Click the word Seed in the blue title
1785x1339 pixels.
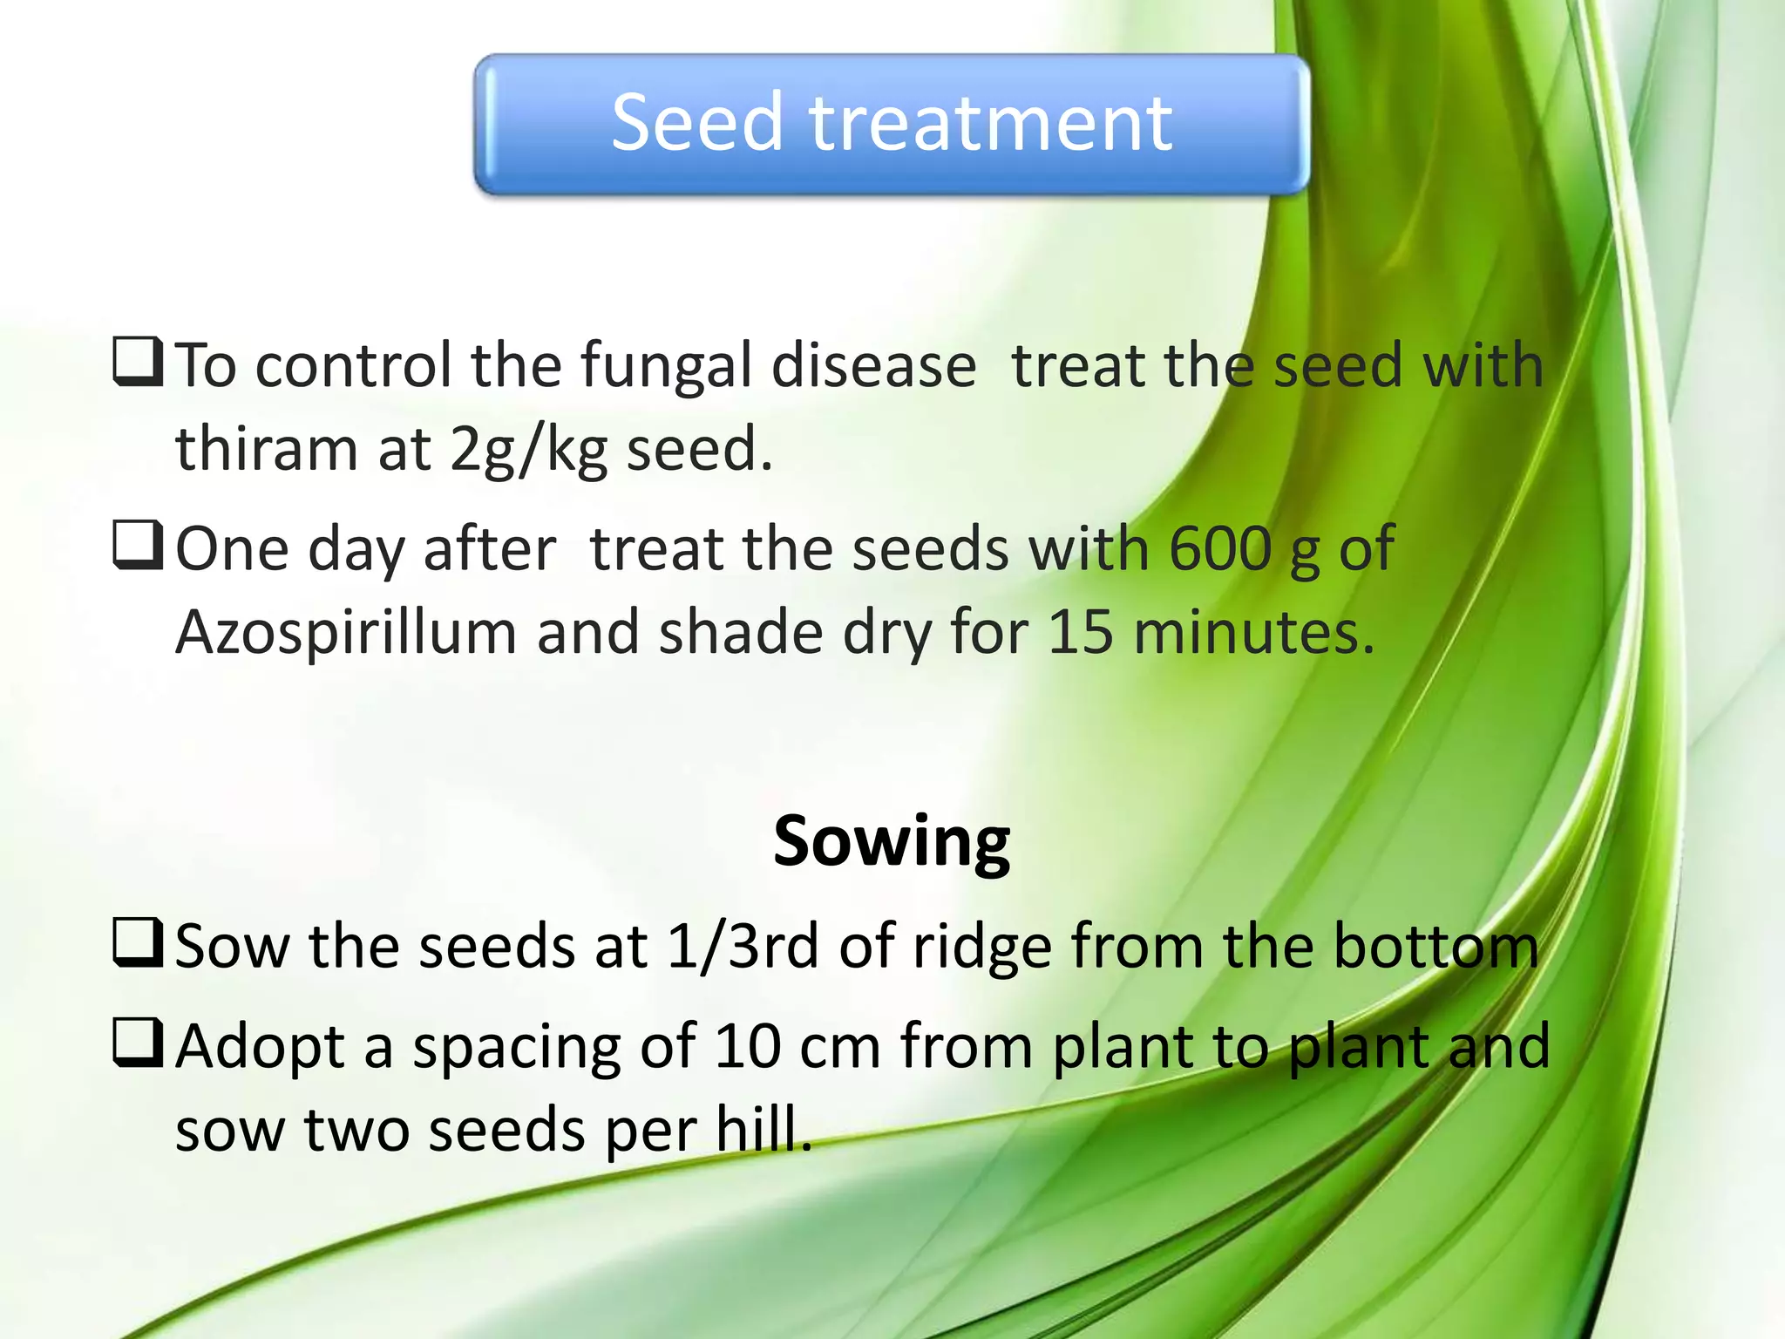click(x=696, y=123)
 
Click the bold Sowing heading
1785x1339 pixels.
click(x=891, y=841)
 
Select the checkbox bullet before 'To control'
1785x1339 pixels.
click(x=138, y=363)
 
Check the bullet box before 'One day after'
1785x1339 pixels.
click(x=138, y=546)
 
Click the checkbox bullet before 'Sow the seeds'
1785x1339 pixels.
click(x=138, y=943)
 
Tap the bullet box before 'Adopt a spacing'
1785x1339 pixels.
click(x=138, y=1043)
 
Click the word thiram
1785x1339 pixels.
click(x=267, y=449)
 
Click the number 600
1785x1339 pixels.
click(x=1219, y=549)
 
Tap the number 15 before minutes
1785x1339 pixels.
click(x=1080, y=631)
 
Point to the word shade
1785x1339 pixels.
click(x=740, y=631)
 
